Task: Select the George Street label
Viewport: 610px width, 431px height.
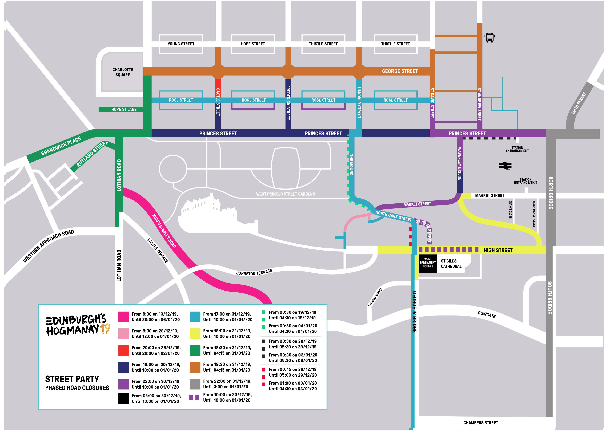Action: [x=400, y=71]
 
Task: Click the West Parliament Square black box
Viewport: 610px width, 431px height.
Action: [x=428, y=263]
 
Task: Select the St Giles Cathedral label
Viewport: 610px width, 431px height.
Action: [x=451, y=264]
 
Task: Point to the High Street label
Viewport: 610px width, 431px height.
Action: [x=498, y=250]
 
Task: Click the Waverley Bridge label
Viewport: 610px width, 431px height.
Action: [x=460, y=164]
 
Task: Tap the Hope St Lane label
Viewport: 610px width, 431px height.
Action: [x=124, y=109]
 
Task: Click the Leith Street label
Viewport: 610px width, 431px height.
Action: [x=578, y=103]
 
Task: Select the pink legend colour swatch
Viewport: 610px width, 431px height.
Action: [x=123, y=333]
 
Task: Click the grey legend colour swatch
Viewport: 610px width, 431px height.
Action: [x=195, y=384]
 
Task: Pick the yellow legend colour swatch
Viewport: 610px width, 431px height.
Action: [x=195, y=333]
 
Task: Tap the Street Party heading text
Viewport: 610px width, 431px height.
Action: [x=72, y=379]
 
